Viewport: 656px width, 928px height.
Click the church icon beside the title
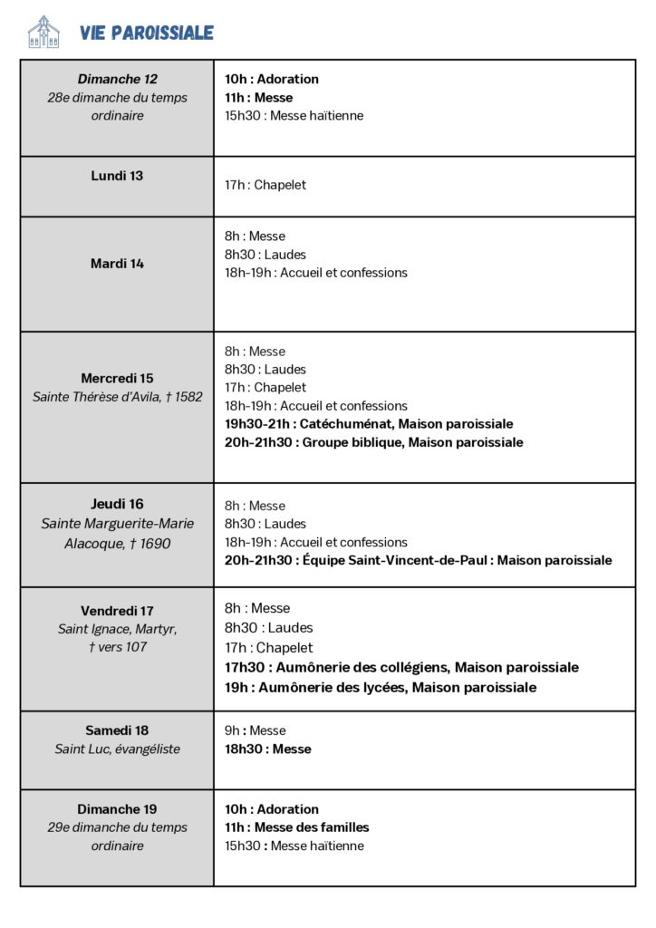pos(43,32)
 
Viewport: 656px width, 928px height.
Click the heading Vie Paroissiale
pos(147,34)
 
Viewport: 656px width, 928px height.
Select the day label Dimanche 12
pos(117,79)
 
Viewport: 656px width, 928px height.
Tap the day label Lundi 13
pos(117,176)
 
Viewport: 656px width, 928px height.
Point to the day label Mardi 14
pos(117,264)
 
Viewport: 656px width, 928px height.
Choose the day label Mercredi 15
pos(117,378)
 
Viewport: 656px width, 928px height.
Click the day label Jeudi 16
pos(117,504)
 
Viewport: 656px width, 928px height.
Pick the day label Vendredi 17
pos(117,611)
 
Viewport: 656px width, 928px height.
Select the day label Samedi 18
pos(117,730)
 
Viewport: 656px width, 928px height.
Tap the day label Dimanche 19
pos(117,809)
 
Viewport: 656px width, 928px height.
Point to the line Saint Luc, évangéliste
pos(117,749)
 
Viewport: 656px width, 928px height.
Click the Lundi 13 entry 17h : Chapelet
pos(265,185)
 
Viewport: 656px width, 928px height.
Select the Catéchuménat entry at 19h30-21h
pos(369,424)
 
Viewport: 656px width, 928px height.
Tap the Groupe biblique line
pos(373,442)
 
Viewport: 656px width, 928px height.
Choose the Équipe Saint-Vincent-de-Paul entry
pos(418,560)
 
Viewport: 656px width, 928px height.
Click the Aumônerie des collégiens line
pos(401,668)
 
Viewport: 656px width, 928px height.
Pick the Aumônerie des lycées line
pos(381,688)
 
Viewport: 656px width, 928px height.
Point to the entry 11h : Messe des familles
pos(297,827)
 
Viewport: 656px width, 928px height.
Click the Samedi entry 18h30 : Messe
pos(267,749)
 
